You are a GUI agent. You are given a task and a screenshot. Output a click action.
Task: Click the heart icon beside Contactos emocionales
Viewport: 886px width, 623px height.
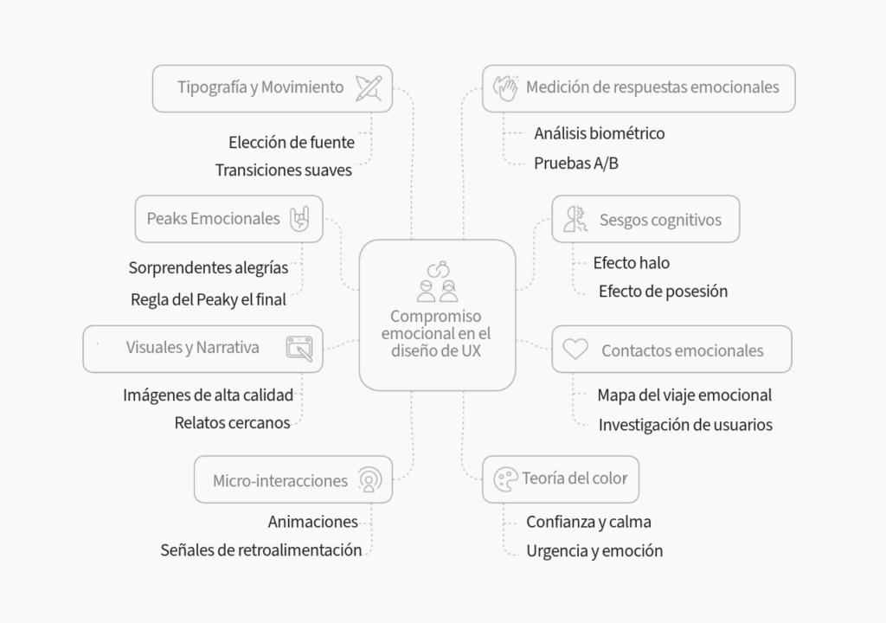pyautogui.click(x=575, y=349)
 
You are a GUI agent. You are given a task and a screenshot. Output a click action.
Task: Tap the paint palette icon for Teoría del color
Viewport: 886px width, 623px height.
pyautogui.click(x=505, y=479)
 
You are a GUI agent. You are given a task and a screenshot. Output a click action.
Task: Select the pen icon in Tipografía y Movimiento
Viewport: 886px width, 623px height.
pyautogui.click(x=369, y=89)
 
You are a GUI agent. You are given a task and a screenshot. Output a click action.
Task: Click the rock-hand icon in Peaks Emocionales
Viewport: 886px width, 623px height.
pyautogui.click(x=299, y=219)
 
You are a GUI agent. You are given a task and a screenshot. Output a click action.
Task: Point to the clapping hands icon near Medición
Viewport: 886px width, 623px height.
pyautogui.click(x=505, y=88)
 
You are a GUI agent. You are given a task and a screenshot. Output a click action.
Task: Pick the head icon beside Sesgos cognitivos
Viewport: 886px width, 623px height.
pyautogui.click(x=575, y=220)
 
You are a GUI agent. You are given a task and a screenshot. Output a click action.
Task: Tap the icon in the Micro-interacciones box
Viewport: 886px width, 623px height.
pyautogui.click(x=369, y=479)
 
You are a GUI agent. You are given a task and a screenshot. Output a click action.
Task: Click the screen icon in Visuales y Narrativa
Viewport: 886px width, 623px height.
pyautogui.click(x=299, y=348)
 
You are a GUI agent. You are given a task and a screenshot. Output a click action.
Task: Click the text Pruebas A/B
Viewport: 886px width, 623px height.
pyautogui.click(x=576, y=164)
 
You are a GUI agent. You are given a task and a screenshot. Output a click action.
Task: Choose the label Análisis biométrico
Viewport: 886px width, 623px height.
pyautogui.click(x=600, y=133)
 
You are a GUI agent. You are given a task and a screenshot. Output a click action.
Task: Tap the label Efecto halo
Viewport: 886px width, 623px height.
pyautogui.click(x=631, y=263)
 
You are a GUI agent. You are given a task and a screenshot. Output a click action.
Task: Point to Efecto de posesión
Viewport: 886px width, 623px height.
pyautogui.click(x=664, y=291)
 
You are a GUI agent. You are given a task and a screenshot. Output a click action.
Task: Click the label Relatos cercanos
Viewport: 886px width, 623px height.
pyautogui.click(x=232, y=423)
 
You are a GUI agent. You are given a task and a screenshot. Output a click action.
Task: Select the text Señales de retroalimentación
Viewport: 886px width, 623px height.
pyautogui.click(x=261, y=550)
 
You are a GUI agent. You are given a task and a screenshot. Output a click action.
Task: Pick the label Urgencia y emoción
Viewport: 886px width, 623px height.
pyautogui.click(x=594, y=550)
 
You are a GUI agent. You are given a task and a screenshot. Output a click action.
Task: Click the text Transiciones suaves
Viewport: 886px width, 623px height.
pyautogui.click(x=284, y=170)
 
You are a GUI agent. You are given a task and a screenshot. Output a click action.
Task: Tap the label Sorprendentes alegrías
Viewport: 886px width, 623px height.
pyautogui.click(x=209, y=268)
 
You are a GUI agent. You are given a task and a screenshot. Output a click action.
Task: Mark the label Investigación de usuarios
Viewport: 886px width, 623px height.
pyautogui.click(x=685, y=425)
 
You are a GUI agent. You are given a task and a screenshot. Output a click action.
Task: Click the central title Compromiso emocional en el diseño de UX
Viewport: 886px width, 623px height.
pyautogui.click(x=436, y=333)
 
